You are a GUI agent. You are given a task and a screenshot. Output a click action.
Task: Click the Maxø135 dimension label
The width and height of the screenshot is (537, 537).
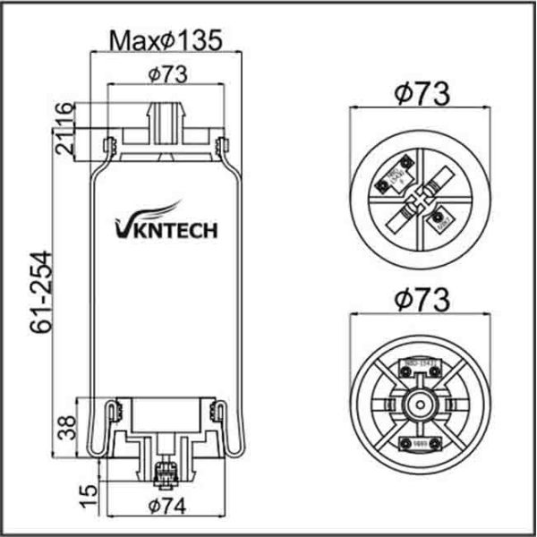pyautogui.click(x=166, y=39)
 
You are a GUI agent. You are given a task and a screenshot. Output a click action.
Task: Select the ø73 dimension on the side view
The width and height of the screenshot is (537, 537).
pyautogui.click(x=166, y=75)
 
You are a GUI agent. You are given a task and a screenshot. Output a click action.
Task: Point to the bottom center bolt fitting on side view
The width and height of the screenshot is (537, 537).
pyautogui.click(x=166, y=473)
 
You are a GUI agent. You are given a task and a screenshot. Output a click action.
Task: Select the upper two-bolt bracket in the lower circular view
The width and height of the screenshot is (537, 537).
pyautogui.click(x=415, y=364)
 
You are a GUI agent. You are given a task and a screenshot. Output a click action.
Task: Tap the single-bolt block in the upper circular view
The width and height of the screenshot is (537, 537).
pyautogui.click(x=440, y=218)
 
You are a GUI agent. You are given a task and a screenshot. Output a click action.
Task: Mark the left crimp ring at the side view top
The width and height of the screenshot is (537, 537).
pyautogui.click(x=109, y=144)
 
